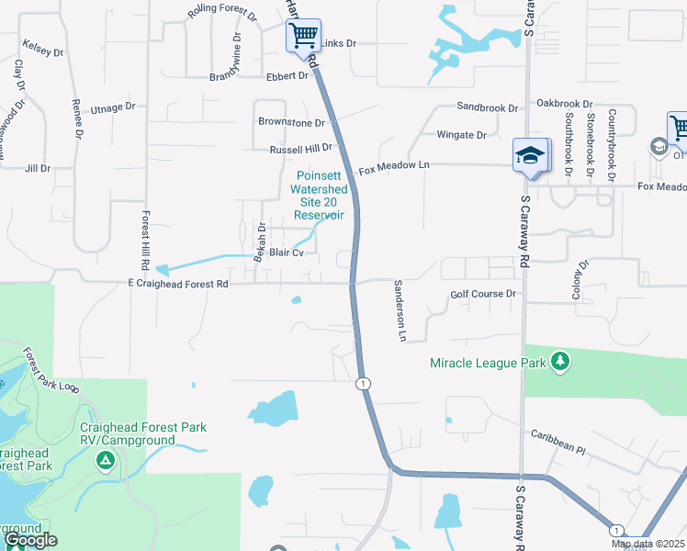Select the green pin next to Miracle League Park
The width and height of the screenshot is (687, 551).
pos(561,363)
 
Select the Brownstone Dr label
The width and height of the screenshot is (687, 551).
pos(291,122)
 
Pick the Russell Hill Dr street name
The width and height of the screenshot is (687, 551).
pos(300,149)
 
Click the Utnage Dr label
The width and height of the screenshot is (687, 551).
pos(113,108)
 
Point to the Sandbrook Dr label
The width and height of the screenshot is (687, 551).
pos(487,107)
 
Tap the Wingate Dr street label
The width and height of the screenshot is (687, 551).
pos(462,135)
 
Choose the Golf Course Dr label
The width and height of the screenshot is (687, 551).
pos(485,295)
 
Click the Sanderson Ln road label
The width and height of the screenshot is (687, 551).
pos(400,310)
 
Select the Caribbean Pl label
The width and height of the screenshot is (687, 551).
pos(557,442)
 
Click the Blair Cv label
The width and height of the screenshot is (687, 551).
pos(287,252)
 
